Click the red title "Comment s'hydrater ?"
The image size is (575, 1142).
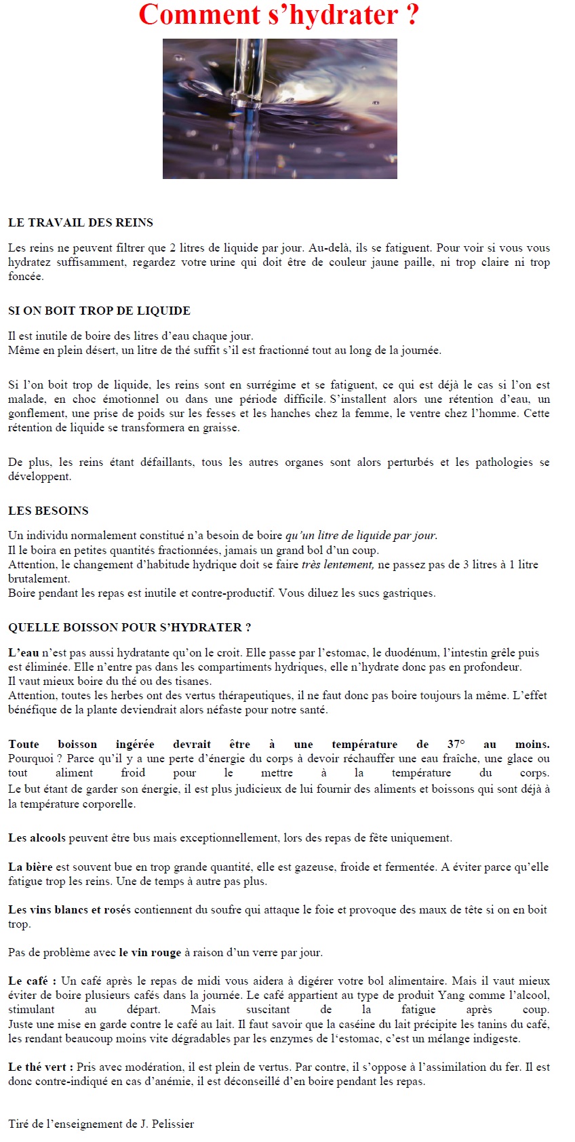tap(279, 15)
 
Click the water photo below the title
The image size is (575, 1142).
tap(279, 109)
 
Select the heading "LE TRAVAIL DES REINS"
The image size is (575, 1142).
tap(81, 222)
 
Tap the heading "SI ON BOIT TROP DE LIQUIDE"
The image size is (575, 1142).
tap(99, 311)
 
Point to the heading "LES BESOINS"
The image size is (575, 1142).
tap(48, 511)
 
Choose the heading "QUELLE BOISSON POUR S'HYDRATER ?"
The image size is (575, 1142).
tap(130, 627)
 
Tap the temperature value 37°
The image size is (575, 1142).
tap(456, 744)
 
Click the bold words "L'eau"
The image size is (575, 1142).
tap(24, 652)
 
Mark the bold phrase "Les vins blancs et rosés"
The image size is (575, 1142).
tap(69, 909)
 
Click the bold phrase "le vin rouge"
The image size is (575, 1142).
tap(150, 952)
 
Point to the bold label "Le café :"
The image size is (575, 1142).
tap(32, 981)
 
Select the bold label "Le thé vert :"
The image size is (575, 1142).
tap(41, 1067)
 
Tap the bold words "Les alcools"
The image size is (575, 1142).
tap(37, 838)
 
